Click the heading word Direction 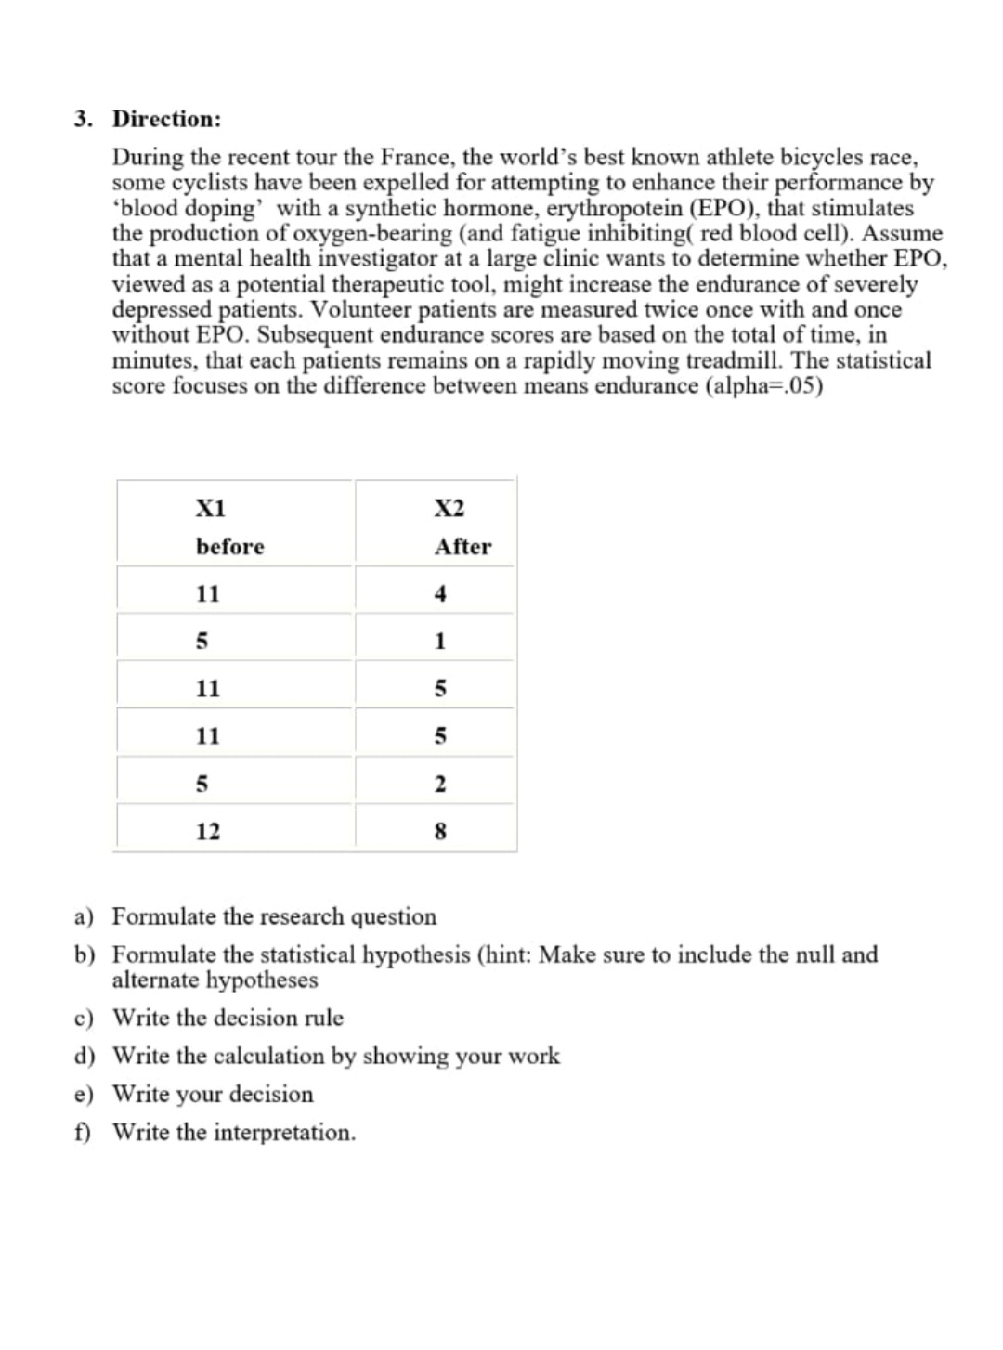166,119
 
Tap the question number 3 84,119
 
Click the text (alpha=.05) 764,385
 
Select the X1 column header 210,508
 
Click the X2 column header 449,508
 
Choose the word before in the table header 229,547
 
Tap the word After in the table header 462,547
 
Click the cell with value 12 208,831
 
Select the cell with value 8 440,831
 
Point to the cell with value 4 440,593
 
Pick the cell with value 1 440,641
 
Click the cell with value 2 440,784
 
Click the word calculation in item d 269,1057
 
